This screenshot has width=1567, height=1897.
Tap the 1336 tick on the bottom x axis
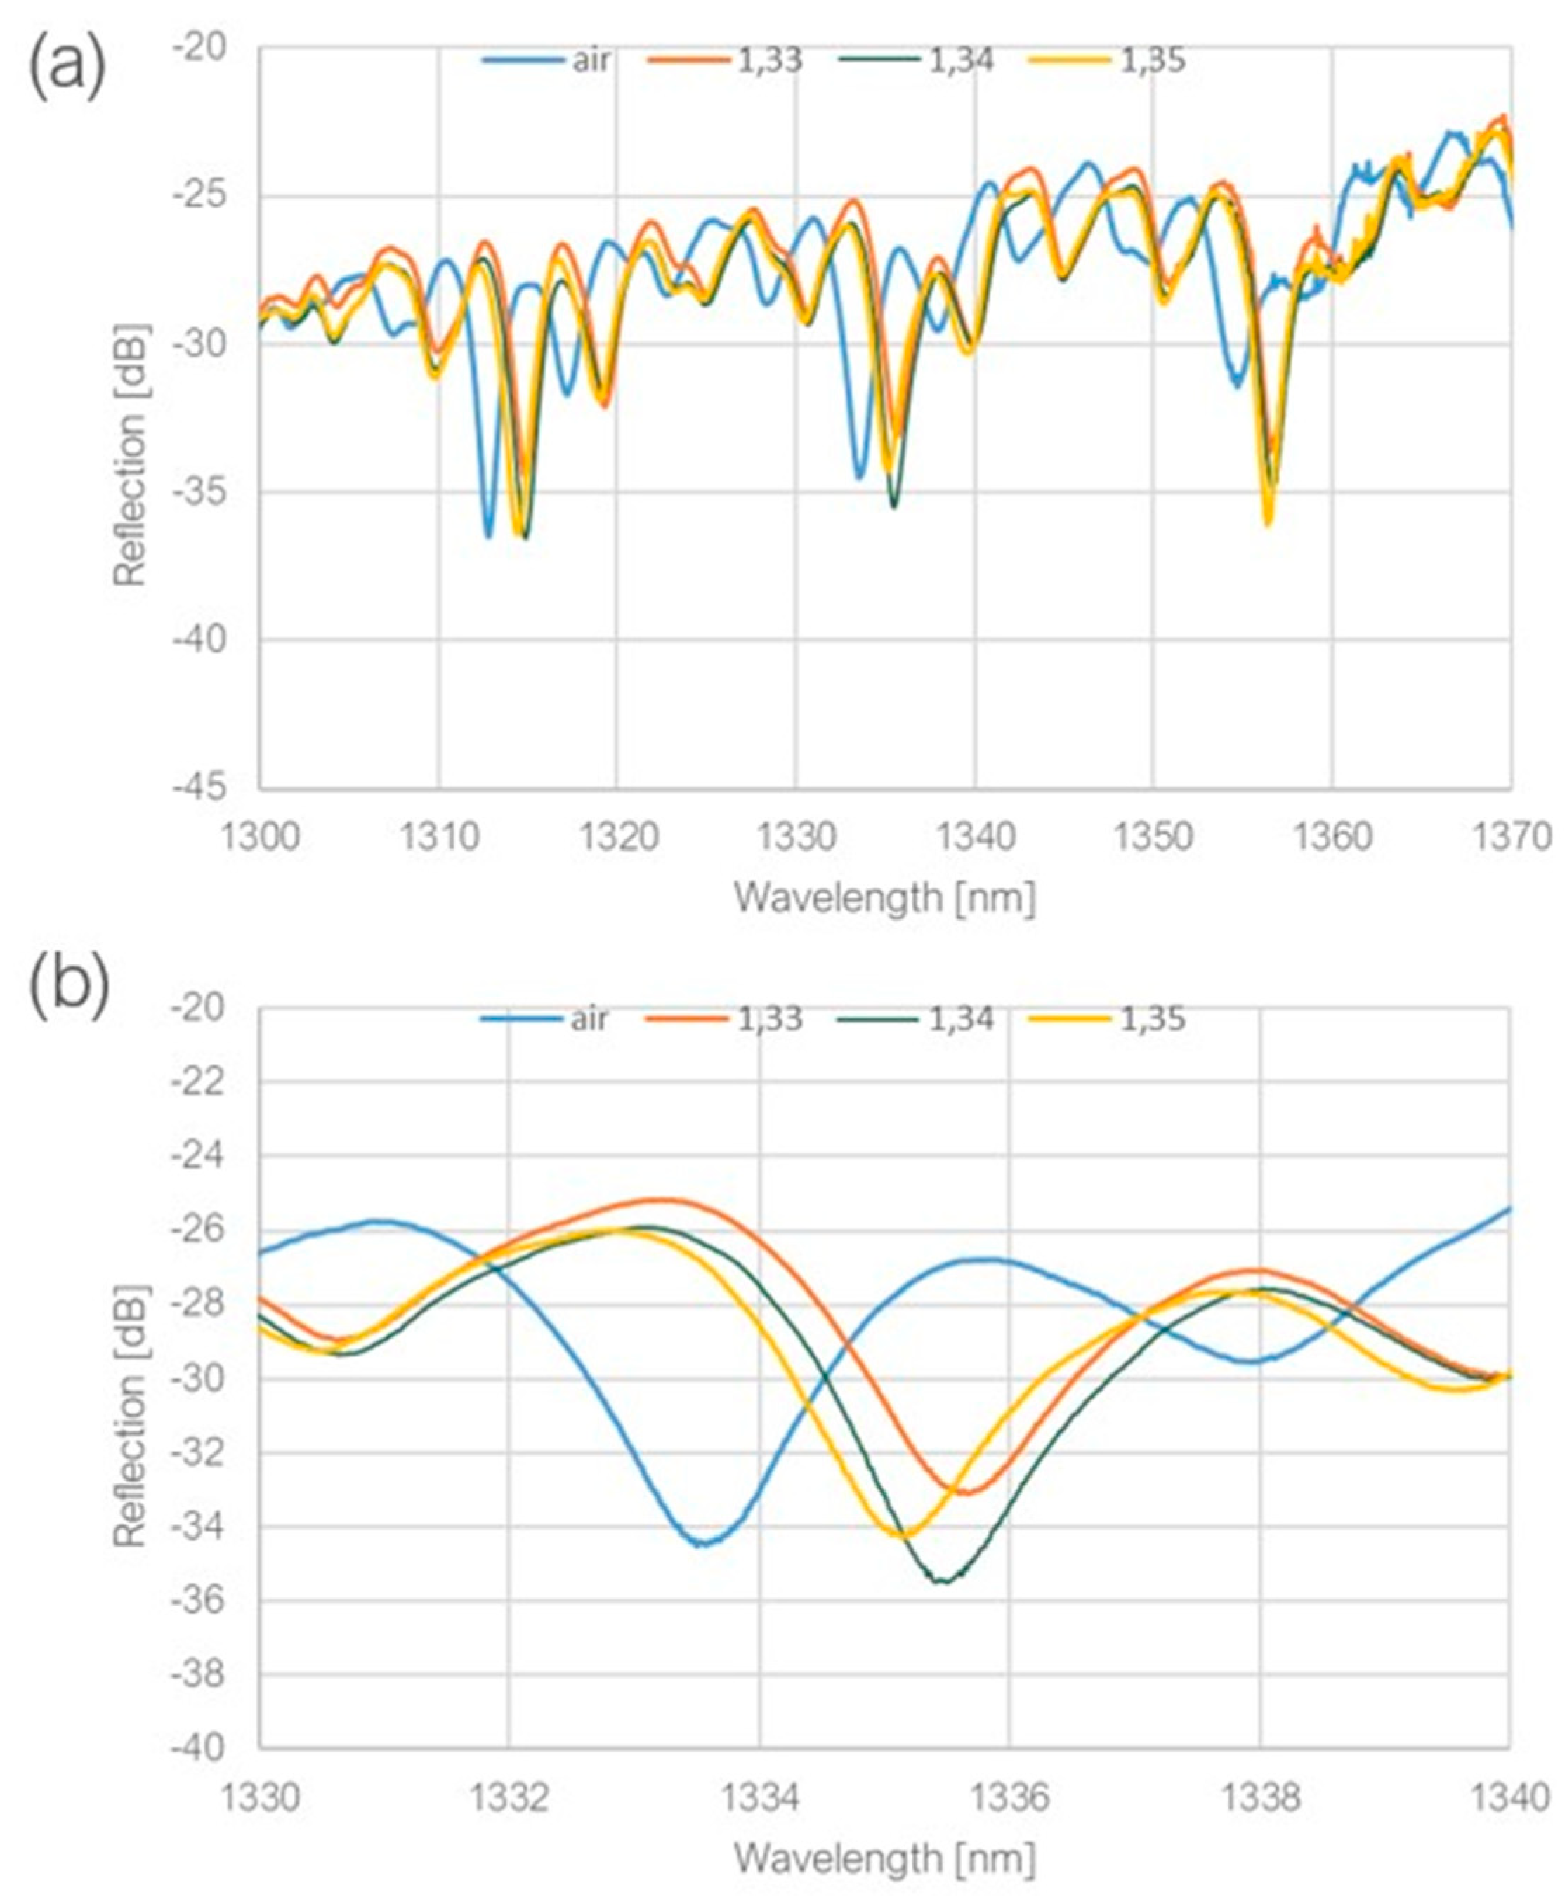pyautogui.click(x=1009, y=1799)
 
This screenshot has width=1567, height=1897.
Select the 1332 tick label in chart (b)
pyautogui.click(x=509, y=1799)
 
